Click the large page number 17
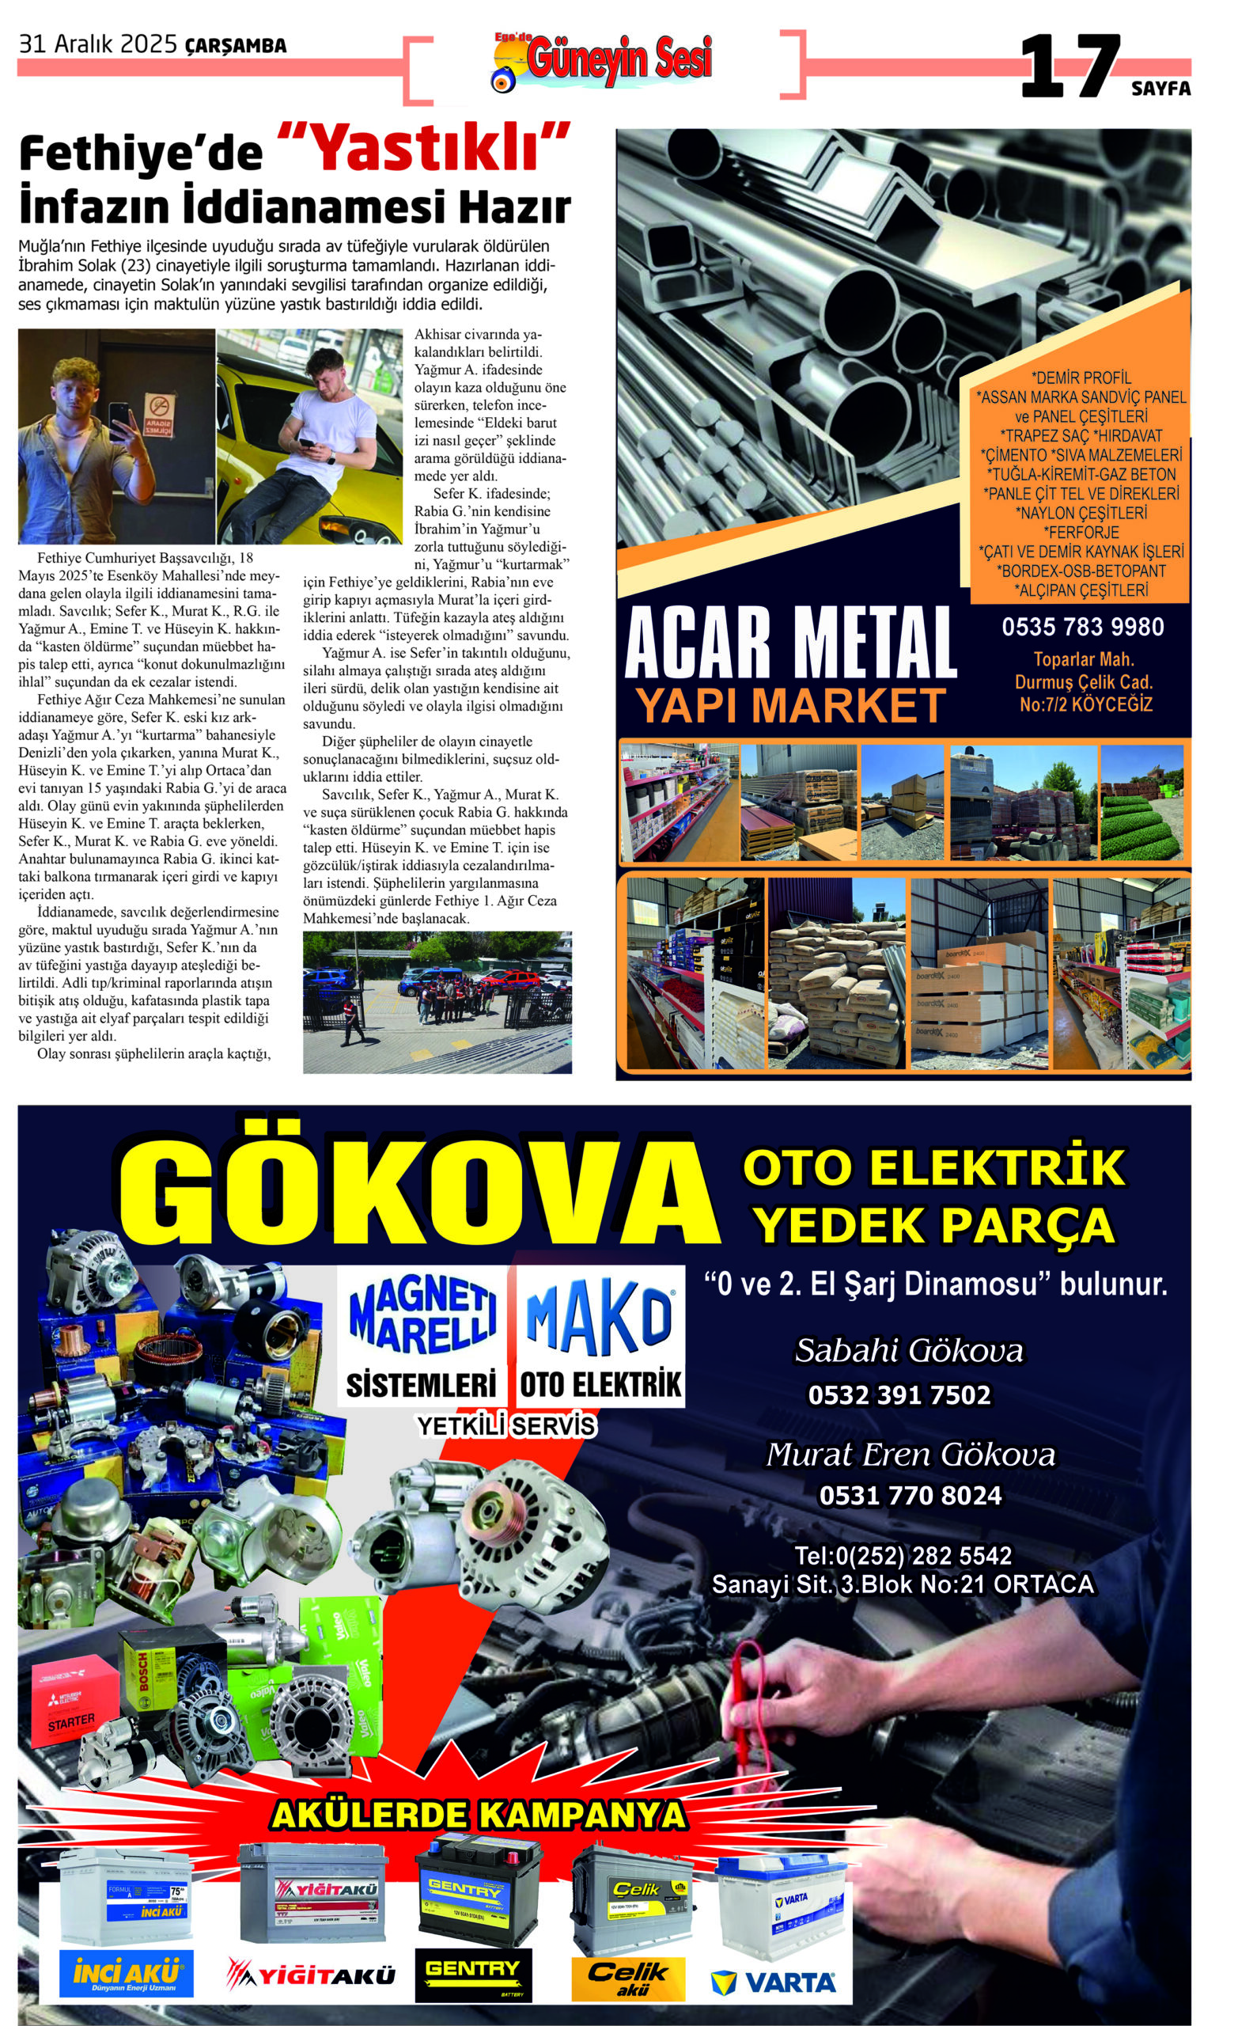(x=1070, y=67)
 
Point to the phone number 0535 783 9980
(x=1082, y=628)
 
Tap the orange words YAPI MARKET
(x=790, y=705)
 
